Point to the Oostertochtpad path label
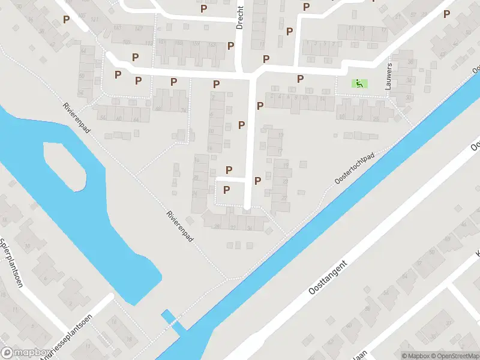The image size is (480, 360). [355, 167]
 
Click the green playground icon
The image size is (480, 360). [359, 84]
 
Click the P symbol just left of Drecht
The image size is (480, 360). [230, 46]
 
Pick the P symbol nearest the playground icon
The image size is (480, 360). [300, 79]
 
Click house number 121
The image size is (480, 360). [94, 20]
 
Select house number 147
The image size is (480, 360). [139, 28]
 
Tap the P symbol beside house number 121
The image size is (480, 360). [67, 19]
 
